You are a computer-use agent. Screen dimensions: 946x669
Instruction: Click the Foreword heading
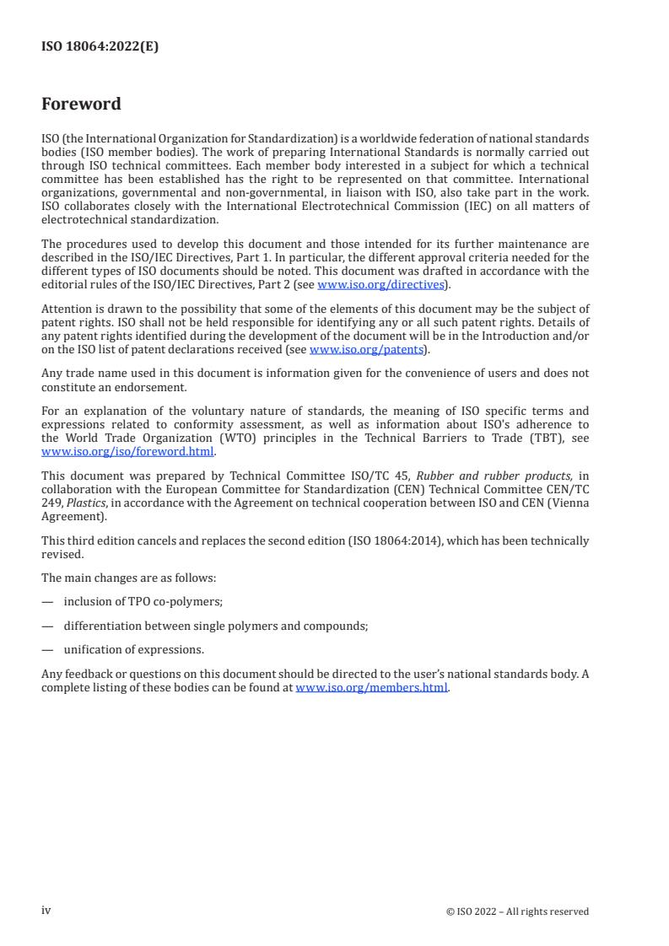[81, 105]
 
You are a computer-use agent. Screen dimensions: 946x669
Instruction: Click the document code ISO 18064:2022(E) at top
[100, 47]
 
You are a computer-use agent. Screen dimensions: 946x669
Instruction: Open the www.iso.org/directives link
[380, 284]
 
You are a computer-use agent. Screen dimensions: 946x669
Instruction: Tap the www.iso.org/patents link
[369, 349]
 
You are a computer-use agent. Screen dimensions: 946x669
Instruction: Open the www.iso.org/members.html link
[372, 687]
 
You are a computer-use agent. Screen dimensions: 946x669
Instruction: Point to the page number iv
[46, 911]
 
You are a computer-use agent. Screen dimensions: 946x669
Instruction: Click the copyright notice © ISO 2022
[517, 911]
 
